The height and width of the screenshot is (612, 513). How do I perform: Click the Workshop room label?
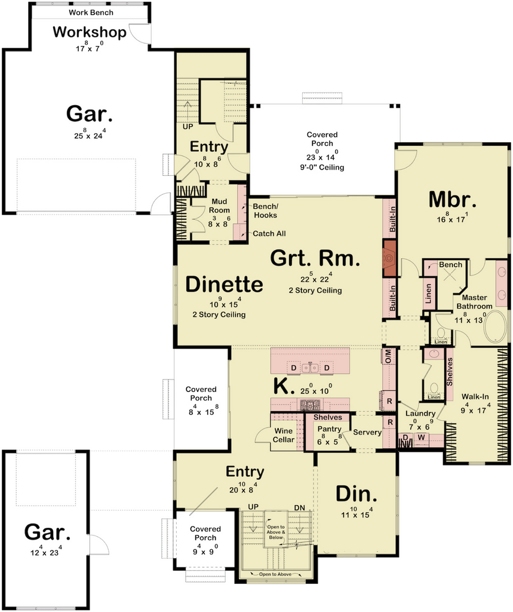90,32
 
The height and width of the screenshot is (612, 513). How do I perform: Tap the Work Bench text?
91,13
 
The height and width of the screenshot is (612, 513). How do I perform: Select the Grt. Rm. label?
315,258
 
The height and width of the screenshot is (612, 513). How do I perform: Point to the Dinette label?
224,284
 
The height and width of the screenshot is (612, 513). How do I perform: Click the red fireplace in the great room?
389,258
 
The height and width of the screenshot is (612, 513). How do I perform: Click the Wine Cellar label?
283,435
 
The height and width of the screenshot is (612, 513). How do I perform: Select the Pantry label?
329,429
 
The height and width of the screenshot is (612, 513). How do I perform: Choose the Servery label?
367,432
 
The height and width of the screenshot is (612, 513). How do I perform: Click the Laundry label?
420,414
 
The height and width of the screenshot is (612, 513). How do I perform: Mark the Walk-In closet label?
475,397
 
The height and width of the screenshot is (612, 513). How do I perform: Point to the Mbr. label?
452,200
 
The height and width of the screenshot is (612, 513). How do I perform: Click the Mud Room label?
219,206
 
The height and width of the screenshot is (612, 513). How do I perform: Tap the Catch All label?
269,234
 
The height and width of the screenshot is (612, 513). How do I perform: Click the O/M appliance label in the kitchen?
388,356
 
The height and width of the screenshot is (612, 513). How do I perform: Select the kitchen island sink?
311,368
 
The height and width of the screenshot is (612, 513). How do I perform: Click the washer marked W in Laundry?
421,437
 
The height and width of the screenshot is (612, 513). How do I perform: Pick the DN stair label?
300,508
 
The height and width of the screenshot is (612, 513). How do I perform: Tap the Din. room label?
357,494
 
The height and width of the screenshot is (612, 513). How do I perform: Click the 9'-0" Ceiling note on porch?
320,167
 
